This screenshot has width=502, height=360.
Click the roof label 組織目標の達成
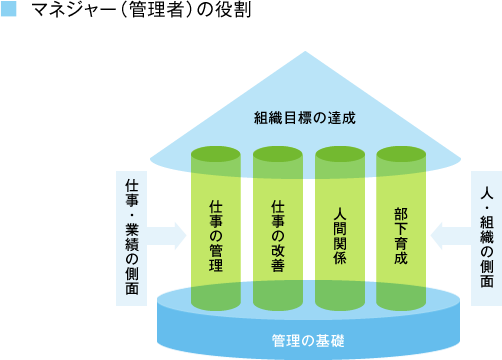(305, 118)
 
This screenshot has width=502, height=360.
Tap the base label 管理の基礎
(307, 340)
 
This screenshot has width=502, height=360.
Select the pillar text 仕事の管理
(216, 236)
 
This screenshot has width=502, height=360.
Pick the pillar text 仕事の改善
(278, 236)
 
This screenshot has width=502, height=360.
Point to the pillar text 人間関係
(339, 236)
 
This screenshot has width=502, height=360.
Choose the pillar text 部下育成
(401, 236)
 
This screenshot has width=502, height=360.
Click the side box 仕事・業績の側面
(132, 237)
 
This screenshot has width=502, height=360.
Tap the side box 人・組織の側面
(486, 237)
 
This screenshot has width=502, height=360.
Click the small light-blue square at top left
(9, 9)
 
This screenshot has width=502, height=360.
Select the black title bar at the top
(141, 9)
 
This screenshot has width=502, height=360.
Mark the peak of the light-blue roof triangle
(306, 55)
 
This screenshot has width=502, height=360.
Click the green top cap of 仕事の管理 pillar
(216, 154)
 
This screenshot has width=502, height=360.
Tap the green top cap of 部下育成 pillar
(401, 154)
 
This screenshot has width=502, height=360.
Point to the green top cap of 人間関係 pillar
(339, 154)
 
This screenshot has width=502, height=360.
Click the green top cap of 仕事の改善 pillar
(278, 154)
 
